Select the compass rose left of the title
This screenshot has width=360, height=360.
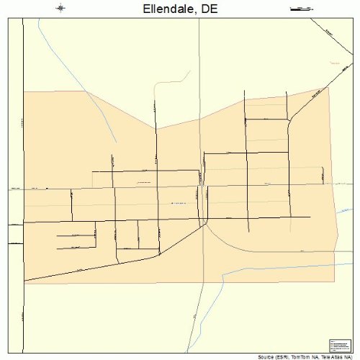(x=60, y=9)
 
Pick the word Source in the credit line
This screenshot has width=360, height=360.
(x=264, y=356)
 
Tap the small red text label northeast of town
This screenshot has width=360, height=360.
(x=333, y=63)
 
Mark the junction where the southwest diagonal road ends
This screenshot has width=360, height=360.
(x=205, y=224)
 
